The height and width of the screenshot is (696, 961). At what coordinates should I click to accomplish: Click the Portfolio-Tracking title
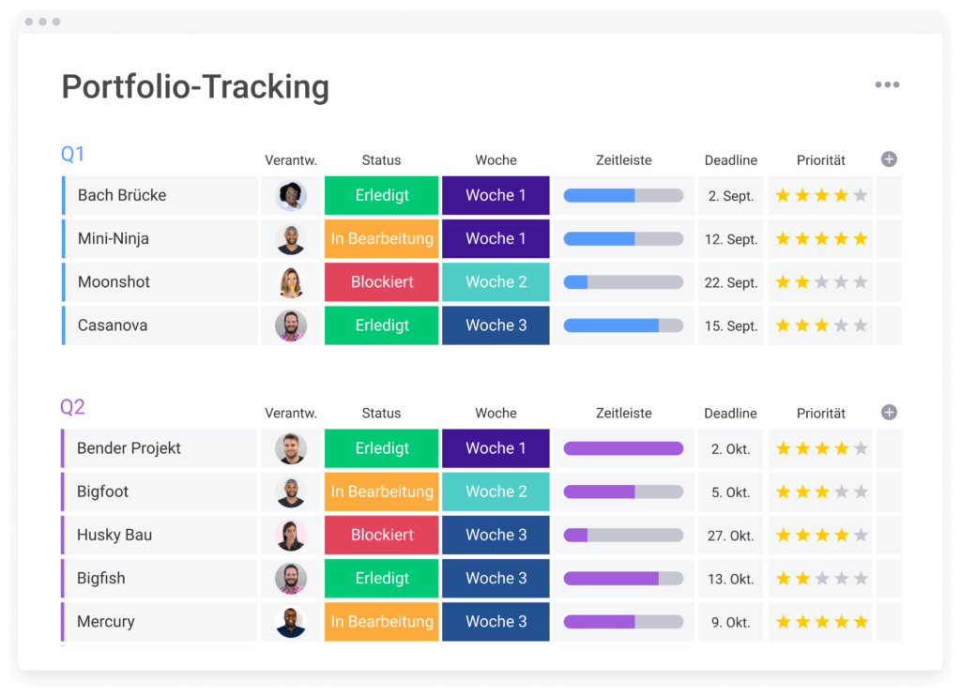click(x=195, y=87)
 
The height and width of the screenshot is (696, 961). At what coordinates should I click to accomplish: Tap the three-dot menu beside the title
click(x=887, y=84)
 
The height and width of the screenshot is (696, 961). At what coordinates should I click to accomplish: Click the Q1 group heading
click(x=72, y=155)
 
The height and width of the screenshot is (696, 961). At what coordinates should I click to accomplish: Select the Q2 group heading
click(x=72, y=407)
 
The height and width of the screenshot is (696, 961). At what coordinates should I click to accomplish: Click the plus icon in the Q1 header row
click(x=889, y=159)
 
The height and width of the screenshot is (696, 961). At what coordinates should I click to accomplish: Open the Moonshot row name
click(x=114, y=282)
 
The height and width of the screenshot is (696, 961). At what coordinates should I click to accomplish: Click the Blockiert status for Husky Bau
click(x=381, y=535)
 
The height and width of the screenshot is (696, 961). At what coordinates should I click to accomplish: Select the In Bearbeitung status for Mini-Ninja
click(x=381, y=239)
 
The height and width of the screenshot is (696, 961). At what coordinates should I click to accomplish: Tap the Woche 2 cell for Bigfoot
click(x=496, y=492)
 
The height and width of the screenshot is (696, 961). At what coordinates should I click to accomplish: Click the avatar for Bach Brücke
click(x=291, y=196)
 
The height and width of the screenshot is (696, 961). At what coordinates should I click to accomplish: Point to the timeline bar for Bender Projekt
click(x=623, y=448)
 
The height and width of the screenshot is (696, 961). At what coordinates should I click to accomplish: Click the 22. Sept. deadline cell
click(x=731, y=283)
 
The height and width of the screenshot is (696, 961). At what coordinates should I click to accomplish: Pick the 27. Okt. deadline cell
click(x=731, y=536)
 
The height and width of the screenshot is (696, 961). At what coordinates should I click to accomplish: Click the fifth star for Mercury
click(x=861, y=622)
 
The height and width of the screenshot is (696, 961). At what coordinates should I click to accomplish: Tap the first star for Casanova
click(x=783, y=326)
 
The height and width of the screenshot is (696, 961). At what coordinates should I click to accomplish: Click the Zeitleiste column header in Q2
click(x=623, y=413)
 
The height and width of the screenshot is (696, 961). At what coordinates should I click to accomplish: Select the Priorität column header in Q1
click(x=820, y=160)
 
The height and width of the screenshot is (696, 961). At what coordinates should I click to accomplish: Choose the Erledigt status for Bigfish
click(x=381, y=579)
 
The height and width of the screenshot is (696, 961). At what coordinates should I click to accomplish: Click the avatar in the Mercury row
click(x=291, y=622)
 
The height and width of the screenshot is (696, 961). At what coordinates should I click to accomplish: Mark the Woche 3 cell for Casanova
click(x=496, y=325)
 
